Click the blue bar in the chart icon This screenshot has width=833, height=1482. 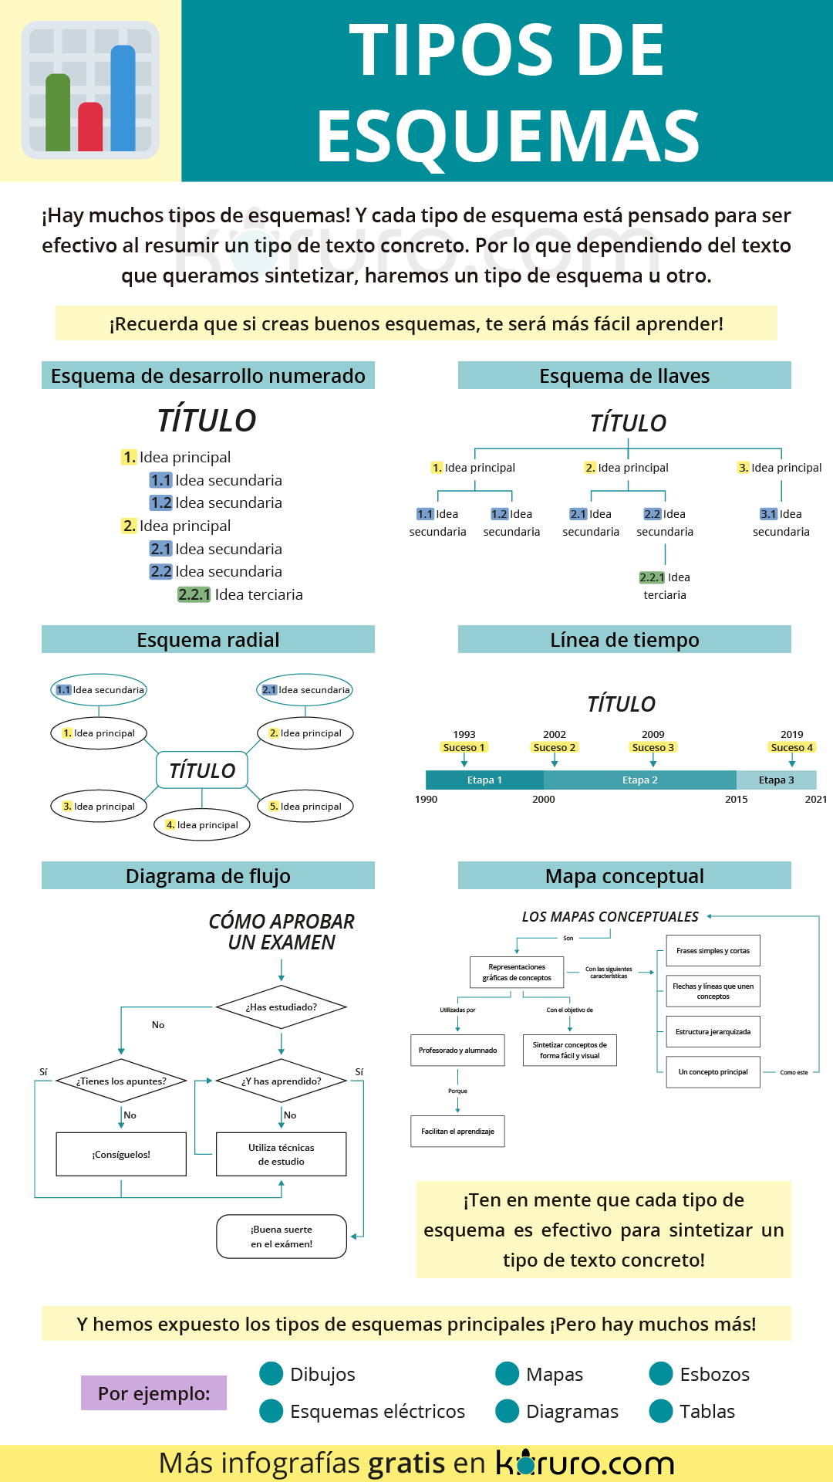tap(123, 98)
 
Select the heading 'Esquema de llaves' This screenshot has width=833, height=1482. tap(624, 376)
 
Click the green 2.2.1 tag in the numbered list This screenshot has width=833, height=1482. tap(194, 594)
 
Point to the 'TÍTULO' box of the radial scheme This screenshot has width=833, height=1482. tap(202, 770)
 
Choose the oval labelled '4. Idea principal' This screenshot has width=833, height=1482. tap(202, 824)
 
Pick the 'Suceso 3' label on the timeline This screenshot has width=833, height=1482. tap(653, 747)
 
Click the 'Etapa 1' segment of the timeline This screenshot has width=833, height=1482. tap(484, 780)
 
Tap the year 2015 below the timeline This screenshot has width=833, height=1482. tap(736, 799)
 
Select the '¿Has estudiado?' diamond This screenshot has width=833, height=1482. tap(282, 1007)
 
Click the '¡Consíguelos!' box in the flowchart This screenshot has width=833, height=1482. tap(121, 1154)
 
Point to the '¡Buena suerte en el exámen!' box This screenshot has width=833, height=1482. tap(282, 1237)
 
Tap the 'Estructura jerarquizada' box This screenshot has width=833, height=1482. tap(713, 1031)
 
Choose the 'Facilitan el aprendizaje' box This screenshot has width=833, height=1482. tap(457, 1131)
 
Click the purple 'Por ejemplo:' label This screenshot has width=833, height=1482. tap(153, 1392)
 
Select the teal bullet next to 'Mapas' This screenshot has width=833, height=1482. tap(507, 1374)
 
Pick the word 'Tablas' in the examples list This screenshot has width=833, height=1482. tap(707, 1411)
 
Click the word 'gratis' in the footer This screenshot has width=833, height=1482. tap(406, 1463)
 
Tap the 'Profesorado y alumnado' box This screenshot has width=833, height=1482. tap(457, 1050)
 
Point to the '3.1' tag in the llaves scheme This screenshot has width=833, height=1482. tap(768, 514)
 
